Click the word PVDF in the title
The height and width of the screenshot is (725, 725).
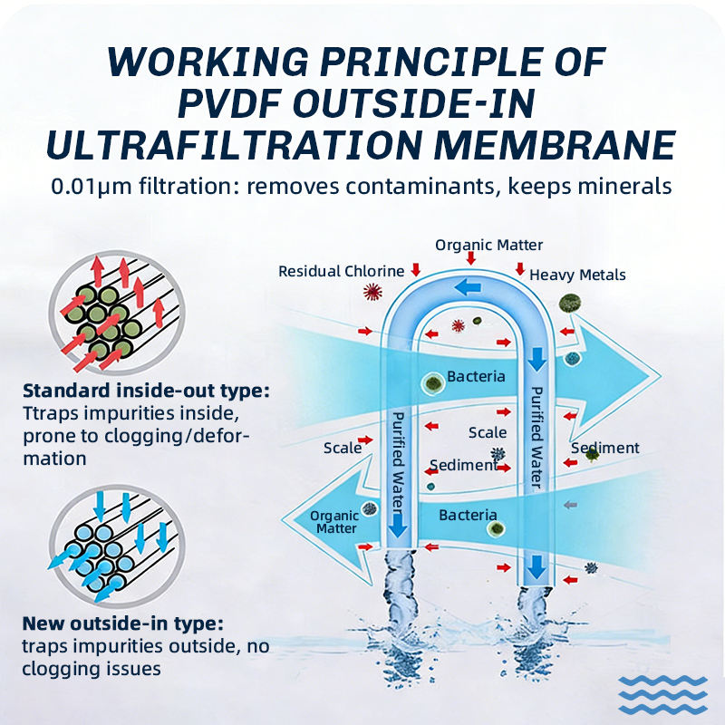(229, 102)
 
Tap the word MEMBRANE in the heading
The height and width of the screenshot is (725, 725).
(555, 145)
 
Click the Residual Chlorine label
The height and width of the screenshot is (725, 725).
(342, 271)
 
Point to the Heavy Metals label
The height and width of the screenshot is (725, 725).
(577, 275)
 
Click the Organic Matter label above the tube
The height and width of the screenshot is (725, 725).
(488, 245)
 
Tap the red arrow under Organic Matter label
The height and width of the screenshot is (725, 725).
(470, 258)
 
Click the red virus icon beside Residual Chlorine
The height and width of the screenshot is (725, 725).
(372, 292)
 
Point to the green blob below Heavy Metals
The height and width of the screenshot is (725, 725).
(570, 304)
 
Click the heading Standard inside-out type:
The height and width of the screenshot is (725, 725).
(146, 391)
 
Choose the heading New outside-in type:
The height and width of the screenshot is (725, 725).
(123, 623)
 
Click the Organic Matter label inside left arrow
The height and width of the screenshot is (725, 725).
(334, 522)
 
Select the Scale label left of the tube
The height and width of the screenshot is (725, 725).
(343, 448)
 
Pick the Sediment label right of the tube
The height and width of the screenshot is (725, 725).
(605, 448)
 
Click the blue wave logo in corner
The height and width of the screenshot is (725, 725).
(662, 694)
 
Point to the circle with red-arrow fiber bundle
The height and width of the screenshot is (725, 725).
(117, 313)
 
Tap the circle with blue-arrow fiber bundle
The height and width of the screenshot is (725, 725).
(117, 546)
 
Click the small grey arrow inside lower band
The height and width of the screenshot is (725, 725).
(571, 505)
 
